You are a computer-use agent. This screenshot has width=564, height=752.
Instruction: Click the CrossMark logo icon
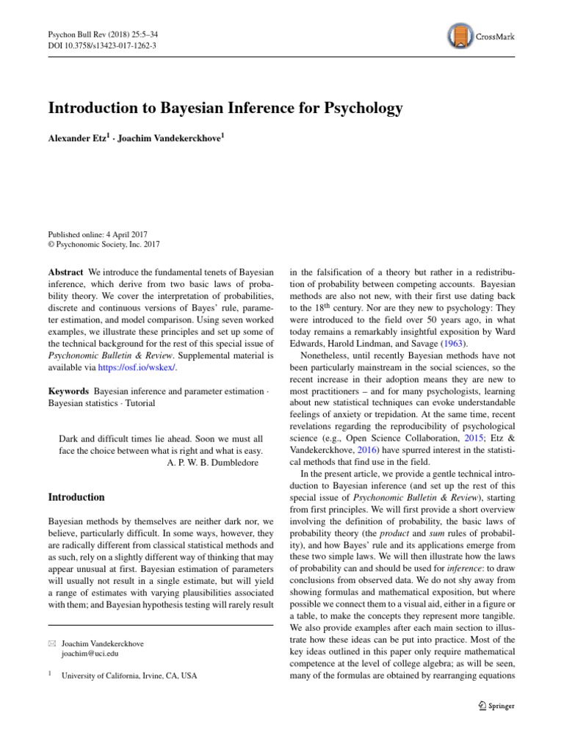point(459,35)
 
